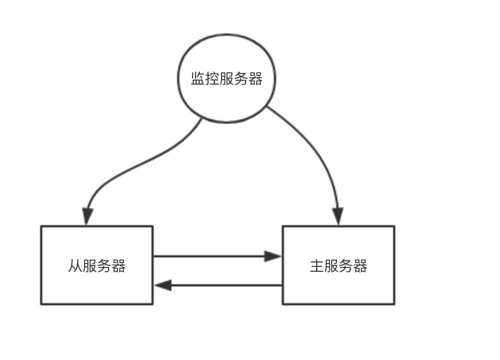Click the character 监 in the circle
[x=198, y=79]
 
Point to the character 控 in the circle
[x=212, y=79]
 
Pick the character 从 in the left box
[x=75, y=266]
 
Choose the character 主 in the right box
[x=316, y=266]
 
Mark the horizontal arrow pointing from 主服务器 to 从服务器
[x=223, y=285]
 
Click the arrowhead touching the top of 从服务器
[x=87, y=217]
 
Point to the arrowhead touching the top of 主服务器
[x=338, y=217]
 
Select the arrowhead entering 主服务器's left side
[x=273, y=256]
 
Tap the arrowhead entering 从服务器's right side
[x=163, y=285]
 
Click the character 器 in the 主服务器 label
[x=360, y=266]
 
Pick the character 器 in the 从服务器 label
[x=119, y=266]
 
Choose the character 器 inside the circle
[x=256, y=79]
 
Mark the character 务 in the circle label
[x=241, y=79]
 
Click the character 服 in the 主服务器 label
[x=331, y=266]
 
